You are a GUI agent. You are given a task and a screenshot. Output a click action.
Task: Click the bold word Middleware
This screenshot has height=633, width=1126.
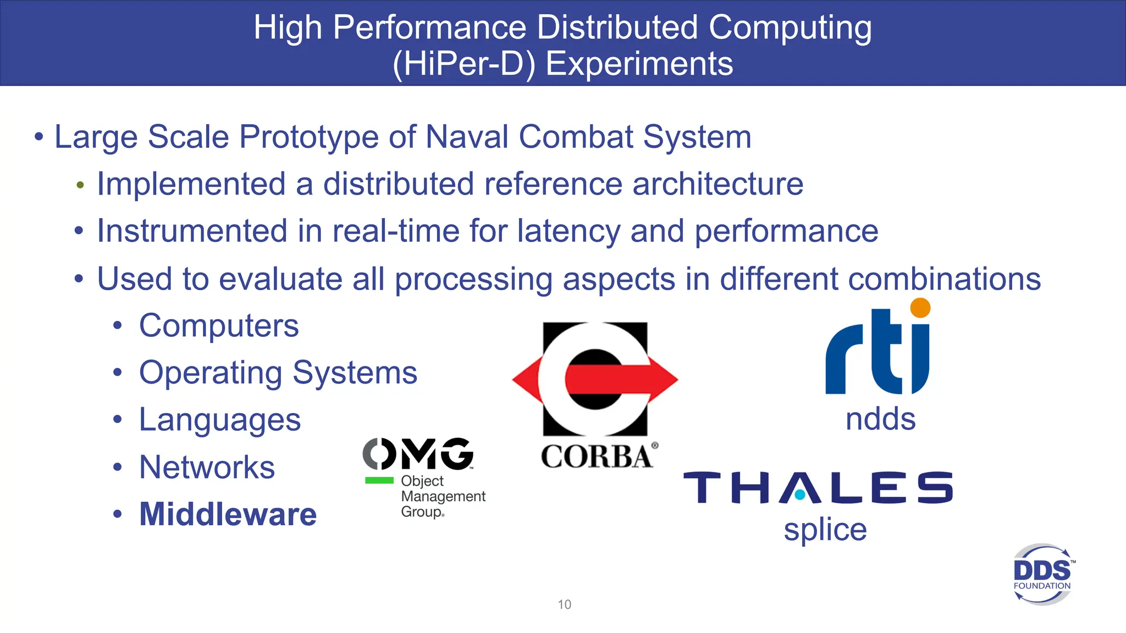228,514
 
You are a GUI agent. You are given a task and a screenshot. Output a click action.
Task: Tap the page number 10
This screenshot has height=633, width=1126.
564,604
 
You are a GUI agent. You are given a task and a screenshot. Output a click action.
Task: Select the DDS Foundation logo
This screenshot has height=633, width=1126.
1042,575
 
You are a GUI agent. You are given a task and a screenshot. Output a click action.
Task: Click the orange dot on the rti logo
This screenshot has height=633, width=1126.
920,308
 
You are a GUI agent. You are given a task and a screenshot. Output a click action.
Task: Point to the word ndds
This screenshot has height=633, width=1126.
880,419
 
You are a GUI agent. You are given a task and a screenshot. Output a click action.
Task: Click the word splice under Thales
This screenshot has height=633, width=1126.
825,530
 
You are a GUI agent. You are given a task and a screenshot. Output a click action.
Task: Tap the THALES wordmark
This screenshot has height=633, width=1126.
818,487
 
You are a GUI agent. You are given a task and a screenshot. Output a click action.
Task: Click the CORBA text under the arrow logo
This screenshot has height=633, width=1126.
597,457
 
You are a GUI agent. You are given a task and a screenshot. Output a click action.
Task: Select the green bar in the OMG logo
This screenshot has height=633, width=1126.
379,480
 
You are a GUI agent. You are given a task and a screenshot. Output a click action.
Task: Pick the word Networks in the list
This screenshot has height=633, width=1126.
207,467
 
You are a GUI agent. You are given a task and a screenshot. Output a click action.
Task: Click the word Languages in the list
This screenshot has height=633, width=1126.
219,420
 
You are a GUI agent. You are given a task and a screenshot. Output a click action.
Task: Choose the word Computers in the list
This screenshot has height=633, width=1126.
219,325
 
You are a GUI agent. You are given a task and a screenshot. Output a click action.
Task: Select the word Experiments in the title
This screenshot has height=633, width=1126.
639,64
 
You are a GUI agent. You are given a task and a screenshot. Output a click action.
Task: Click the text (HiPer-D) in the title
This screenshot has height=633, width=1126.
463,64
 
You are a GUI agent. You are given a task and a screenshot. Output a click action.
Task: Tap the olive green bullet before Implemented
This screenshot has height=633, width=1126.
80,185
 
